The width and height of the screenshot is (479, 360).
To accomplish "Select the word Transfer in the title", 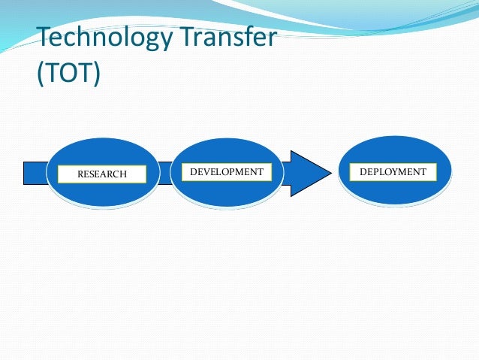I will [236, 37].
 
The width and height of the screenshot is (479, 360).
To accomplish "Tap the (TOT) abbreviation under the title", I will [68, 75].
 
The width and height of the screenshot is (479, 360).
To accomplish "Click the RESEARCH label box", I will [102, 174].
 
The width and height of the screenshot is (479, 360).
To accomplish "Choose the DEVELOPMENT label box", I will [227, 172].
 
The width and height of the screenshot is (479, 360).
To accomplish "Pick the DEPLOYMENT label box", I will [393, 172].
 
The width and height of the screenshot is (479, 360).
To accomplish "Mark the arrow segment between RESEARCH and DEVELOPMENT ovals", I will [164, 173].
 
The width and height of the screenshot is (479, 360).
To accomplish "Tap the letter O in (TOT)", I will [68, 75].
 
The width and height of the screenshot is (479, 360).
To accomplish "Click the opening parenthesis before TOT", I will [41, 76].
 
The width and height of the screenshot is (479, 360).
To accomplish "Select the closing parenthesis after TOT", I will [96, 76].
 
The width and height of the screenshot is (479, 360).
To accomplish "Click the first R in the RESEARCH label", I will [80, 174].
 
